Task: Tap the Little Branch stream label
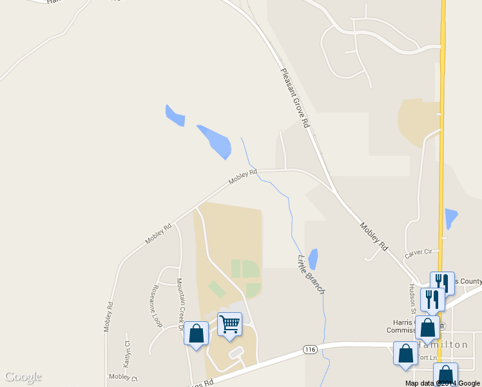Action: (x=311, y=275)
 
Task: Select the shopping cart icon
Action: (x=229, y=324)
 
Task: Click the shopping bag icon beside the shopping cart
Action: (x=197, y=333)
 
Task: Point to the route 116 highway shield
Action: (x=310, y=350)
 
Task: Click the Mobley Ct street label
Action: (x=122, y=377)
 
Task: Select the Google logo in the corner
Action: (x=23, y=377)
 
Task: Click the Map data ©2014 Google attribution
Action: (x=443, y=383)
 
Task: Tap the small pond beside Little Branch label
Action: (x=313, y=259)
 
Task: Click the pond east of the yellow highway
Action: (x=451, y=218)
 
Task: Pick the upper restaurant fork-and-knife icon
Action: (x=442, y=282)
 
